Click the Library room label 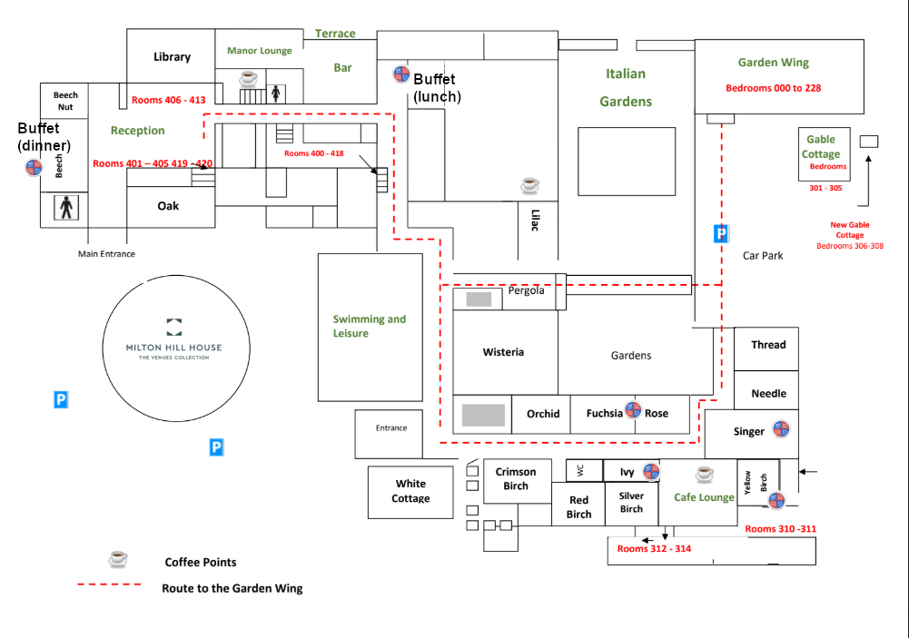click(x=172, y=57)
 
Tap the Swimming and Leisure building click(x=370, y=327)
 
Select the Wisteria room click(x=504, y=352)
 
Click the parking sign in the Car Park click(x=721, y=233)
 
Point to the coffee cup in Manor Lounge click(x=248, y=79)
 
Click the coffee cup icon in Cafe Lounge click(x=705, y=474)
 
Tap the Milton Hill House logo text click(x=174, y=348)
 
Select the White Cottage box click(x=410, y=492)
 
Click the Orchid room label click(x=543, y=414)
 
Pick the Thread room click(x=767, y=345)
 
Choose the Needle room click(x=768, y=394)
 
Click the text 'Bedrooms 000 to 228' click(x=773, y=88)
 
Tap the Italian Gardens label click(x=626, y=87)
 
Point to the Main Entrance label click(x=106, y=254)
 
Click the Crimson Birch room click(x=516, y=479)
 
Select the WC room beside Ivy click(x=579, y=471)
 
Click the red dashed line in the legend click(x=109, y=584)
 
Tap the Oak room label click(x=168, y=206)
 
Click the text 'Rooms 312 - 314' click(x=654, y=549)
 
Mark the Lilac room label click(x=534, y=221)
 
